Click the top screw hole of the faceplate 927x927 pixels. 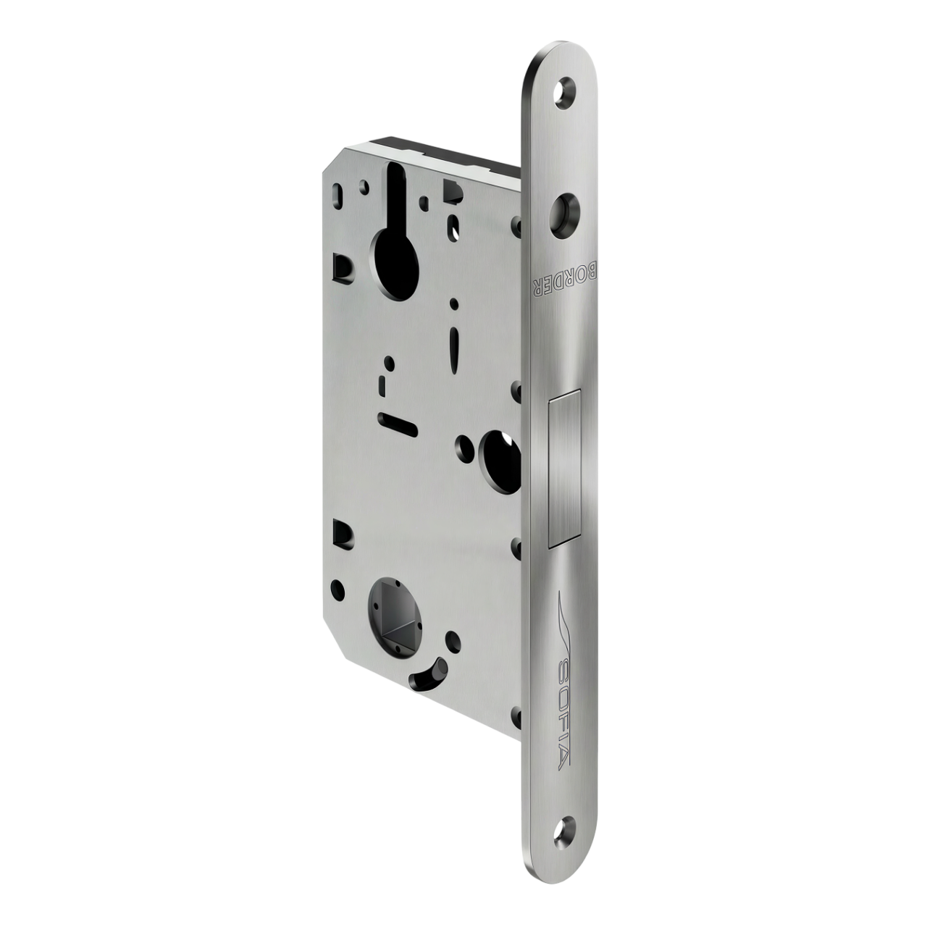[x=566, y=90]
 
